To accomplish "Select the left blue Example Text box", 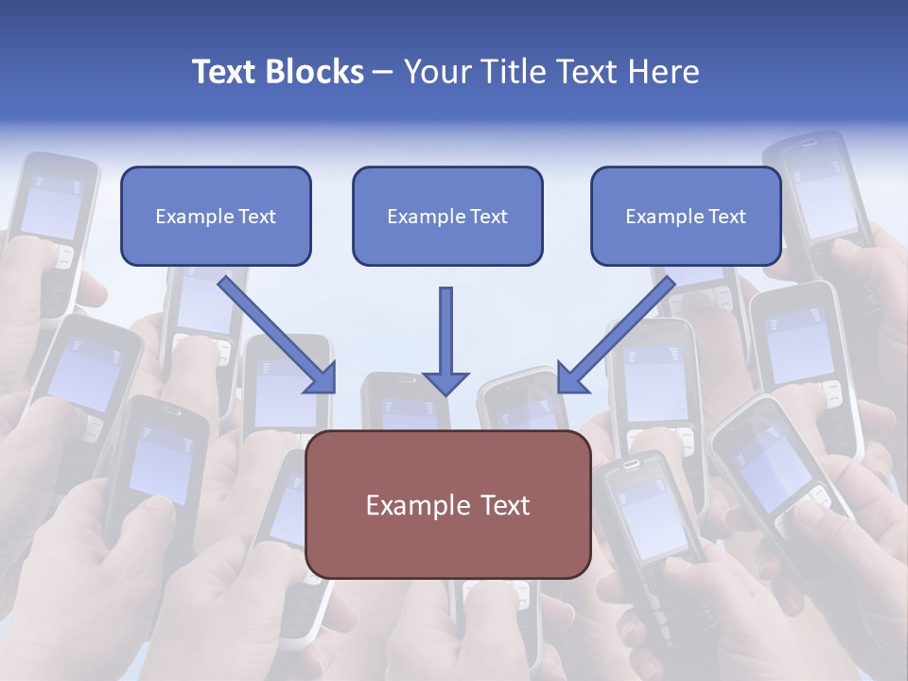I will tap(216, 217).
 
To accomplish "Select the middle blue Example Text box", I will tap(447, 217).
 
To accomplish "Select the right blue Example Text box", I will tap(686, 217).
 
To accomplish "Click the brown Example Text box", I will tap(448, 505).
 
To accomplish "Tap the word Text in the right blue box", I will tap(726, 217).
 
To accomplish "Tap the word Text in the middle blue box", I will tap(488, 217).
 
